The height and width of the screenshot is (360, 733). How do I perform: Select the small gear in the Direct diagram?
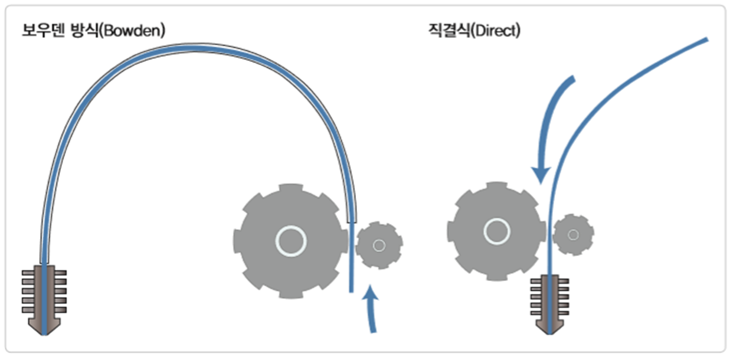pos(573,234)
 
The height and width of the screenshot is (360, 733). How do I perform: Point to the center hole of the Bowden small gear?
pos(379,245)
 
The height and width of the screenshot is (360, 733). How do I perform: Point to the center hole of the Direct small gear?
pos(573,234)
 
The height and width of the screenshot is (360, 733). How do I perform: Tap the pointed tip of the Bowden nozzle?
pos(44,332)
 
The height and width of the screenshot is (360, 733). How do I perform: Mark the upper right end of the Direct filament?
pos(705,40)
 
